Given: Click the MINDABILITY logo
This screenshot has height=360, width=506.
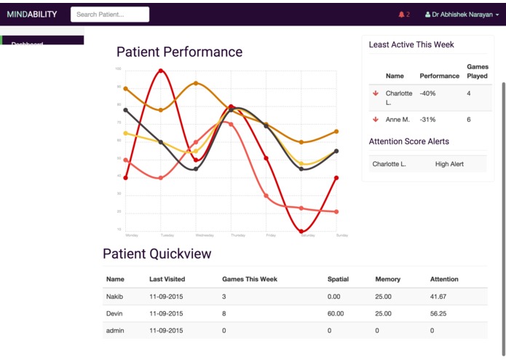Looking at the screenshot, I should click(x=32, y=14).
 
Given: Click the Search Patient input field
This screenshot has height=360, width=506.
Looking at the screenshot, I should click(x=110, y=14).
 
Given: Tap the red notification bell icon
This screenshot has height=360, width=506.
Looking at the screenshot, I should click(x=401, y=15).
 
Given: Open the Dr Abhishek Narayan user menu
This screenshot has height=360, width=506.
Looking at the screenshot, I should click(x=462, y=15).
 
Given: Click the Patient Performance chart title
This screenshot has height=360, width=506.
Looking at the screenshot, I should click(x=179, y=52).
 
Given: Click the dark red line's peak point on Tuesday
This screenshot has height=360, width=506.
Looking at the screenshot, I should click(x=161, y=71).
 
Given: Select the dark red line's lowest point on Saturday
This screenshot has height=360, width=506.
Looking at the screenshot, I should click(x=301, y=231).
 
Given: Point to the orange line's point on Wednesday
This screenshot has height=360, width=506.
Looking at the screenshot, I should click(x=196, y=83).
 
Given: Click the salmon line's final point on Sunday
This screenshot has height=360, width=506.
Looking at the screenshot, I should click(x=336, y=211).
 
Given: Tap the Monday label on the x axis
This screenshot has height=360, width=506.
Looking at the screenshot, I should click(x=132, y=235).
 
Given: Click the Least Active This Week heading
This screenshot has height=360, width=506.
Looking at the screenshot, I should click(x=411, y=44).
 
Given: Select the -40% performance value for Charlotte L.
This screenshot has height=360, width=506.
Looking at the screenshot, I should click(x=428, y=93).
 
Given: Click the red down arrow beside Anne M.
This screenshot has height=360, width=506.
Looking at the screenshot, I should click(x=376, y=119).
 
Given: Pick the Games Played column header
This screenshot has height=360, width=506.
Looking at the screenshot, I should click(x=477, y=71).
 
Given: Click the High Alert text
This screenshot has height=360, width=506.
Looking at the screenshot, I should click(x=449, y=164).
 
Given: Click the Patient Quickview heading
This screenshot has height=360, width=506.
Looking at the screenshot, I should click(x=157, y=254).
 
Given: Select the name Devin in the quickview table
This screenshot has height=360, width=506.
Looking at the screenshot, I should click(x=115, y=313).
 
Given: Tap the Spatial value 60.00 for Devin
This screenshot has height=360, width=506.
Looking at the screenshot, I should click(x=336, y=313).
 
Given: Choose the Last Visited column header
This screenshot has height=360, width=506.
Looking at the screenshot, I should click(x=167, y=279).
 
